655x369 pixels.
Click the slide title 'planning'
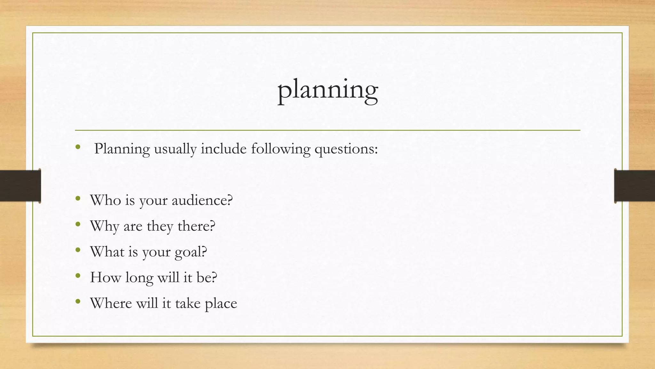point(327,90)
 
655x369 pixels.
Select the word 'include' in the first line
point(224,149)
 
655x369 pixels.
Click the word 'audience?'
point(202,201)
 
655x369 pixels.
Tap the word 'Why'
point(105,226)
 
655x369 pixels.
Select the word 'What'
point(107,252)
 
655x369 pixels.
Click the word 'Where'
point(111,303)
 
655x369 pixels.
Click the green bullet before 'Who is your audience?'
point(78,199)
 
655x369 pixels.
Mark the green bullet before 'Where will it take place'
point(78,301)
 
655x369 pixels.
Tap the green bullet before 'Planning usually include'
point(78,147)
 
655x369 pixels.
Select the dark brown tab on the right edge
point(635,186)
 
